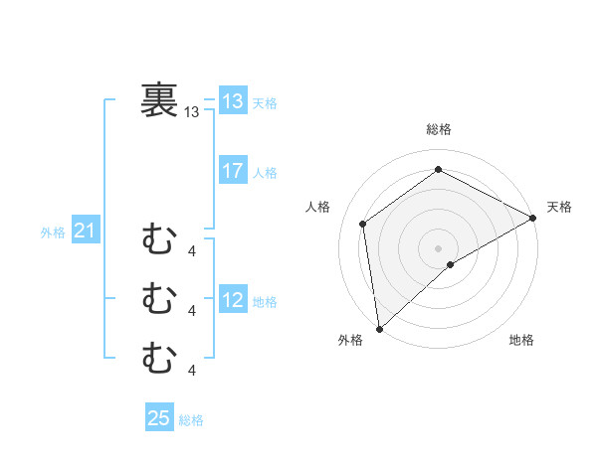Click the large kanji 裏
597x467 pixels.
[159, 100]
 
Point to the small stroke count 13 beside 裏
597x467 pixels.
[192, 112]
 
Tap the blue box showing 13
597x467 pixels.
[233, 101]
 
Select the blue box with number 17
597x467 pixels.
[233, 171]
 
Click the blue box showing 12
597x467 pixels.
[233, 300]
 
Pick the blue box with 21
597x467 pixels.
[85, 232]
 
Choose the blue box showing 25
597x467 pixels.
[159, 418]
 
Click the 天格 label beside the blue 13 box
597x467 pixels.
[265, 103]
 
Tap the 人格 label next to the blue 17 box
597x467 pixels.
[265, 173]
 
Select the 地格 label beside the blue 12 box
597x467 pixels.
[265, 302]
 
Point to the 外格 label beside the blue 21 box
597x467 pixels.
[53, 233]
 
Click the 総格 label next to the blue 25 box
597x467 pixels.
[191, 420]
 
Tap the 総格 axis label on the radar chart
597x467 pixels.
[439, 129]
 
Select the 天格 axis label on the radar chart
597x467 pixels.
[559, 207]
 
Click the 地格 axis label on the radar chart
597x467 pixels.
[521, 340]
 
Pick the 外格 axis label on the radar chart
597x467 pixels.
[350, 340]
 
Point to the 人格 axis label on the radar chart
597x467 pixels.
[317, 207]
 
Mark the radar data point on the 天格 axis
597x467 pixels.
[533, 218]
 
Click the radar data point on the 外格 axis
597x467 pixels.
[379, 328]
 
